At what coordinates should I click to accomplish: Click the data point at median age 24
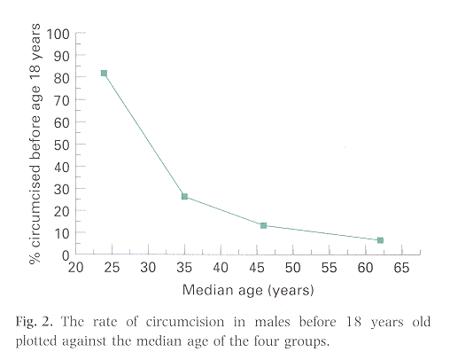click(x=104, y=74)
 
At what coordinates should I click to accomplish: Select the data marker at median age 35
click(x=184, y=196)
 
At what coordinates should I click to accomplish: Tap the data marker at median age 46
click(x=264, y=225)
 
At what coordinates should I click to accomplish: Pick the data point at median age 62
click(x=380, y=240)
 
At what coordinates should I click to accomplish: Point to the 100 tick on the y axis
click(x=59, y=34)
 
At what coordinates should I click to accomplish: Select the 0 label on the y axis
click(x=66, y=254)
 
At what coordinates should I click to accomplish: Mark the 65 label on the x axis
click(x=401, y=268)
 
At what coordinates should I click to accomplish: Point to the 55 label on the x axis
click(x=329, y=268)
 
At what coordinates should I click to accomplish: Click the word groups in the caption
click(x=306, y=340)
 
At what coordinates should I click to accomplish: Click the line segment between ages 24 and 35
click(x=144, y=135)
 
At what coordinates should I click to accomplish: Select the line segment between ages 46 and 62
click(x=322, y=233)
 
